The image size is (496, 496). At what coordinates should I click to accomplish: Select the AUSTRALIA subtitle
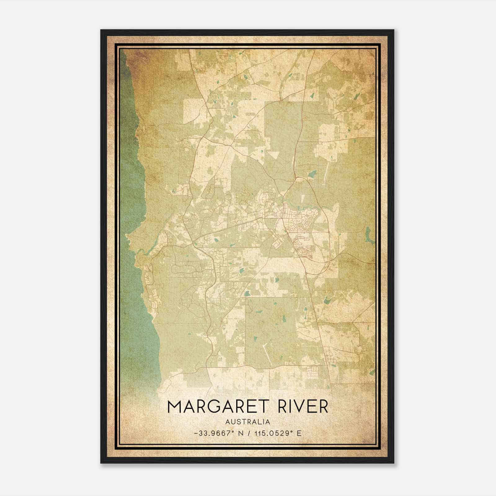coord(248,422)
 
